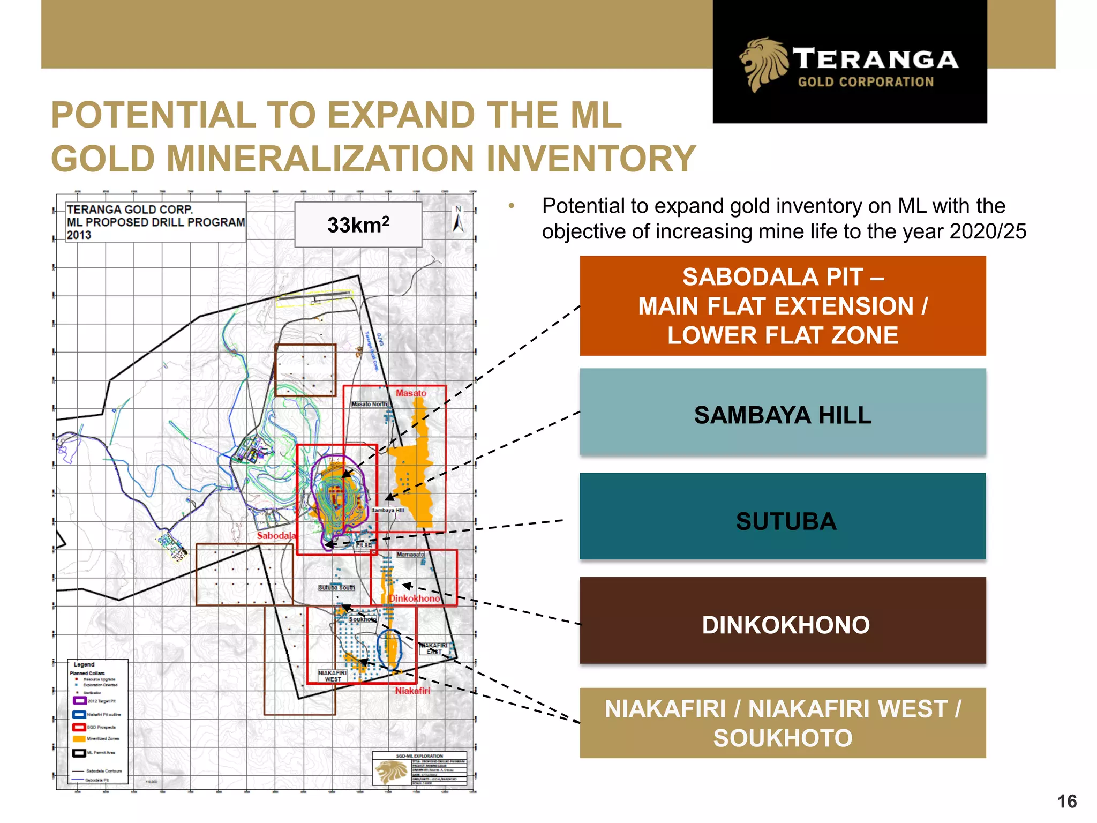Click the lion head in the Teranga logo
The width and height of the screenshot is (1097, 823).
point(763,64)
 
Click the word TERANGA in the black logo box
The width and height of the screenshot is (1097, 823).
point(875,59)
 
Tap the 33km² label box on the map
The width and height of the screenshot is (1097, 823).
point(358,225)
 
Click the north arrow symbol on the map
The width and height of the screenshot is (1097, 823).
point(458,220)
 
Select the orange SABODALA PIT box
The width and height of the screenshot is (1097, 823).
point(783,306)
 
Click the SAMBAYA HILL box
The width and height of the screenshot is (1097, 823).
point(783,415)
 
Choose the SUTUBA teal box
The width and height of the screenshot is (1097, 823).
point(783,521)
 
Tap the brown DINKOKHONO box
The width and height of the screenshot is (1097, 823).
point(783,625)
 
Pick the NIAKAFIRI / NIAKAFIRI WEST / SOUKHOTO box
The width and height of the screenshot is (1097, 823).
point(783,723)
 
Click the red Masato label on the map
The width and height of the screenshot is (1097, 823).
point(411,393)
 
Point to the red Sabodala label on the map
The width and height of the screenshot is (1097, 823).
point(276,535)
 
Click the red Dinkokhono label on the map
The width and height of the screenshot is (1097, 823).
point(414,598)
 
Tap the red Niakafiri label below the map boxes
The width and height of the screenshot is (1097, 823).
point(412,691)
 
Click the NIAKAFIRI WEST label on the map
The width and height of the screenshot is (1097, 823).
point(332,676)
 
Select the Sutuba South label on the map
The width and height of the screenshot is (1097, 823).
point(336,588)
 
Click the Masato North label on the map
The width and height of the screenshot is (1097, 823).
point(369,404)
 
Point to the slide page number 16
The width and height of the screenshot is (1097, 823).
point(1066,802)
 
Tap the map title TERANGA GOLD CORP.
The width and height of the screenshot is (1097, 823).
point(130,210)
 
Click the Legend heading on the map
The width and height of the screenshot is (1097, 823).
point(84,664)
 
